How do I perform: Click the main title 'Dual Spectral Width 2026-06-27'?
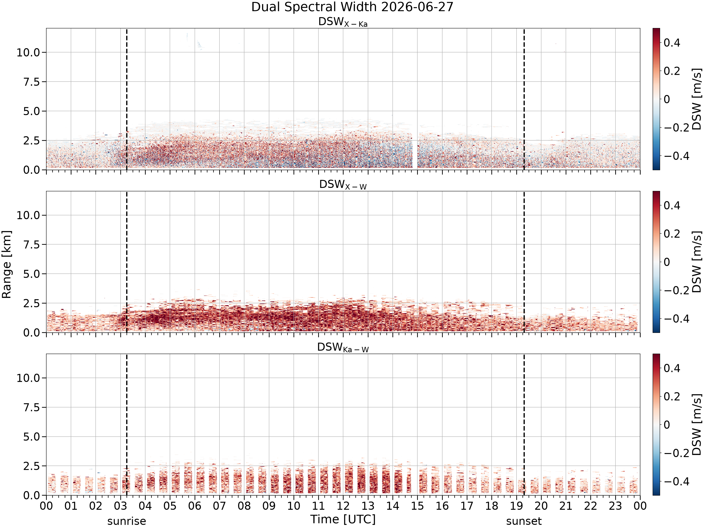[x=352, y=7]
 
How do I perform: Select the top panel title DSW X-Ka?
[x=343, y=22]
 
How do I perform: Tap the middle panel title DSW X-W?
[x=343, y=185]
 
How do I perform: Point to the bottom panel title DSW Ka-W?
[x=343, y=347]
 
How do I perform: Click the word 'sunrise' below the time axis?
[x=126, y=521]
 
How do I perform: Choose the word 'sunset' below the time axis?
[x=524, y=521]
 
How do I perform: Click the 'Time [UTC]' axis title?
[x=343, y=519]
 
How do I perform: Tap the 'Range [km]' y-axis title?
[x=6, y=264]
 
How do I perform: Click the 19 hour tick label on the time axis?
[x=516, y=506]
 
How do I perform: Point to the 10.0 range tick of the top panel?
[x=28, y=52]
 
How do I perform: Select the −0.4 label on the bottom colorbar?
[x=676, y=481]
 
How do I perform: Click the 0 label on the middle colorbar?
[x=667, y=262]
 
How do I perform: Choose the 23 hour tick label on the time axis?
[x=615, y=506]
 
